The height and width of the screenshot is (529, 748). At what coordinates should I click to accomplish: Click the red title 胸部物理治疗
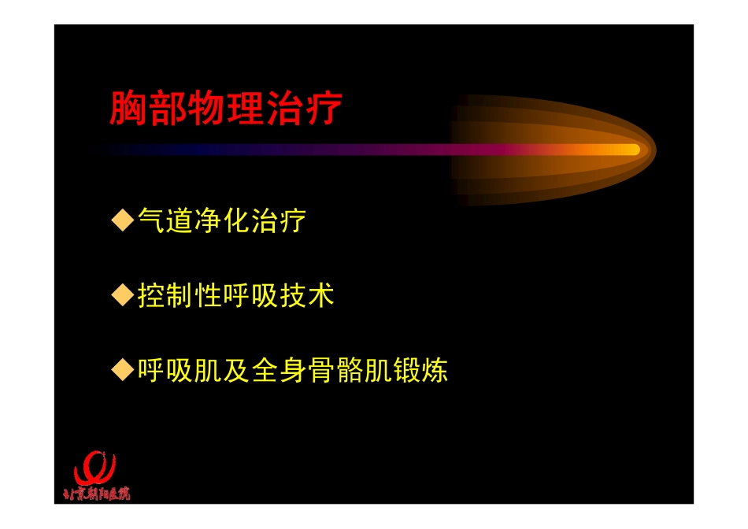[x=226, y=109]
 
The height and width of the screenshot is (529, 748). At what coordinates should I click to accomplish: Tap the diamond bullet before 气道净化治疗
[x=122, y=220]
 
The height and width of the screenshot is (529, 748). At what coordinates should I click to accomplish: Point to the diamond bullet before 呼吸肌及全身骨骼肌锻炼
[x=122, y=369]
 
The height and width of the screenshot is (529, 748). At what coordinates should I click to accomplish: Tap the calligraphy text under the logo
[x=96, y=494]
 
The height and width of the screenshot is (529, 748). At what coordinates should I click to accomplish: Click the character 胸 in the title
[x=128, y=109]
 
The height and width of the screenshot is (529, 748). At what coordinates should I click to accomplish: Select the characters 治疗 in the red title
[x=304, y=109]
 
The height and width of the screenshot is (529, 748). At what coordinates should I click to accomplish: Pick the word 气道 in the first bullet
[x=164, y=220]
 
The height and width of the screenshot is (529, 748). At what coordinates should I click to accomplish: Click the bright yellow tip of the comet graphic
[x=626, y=150]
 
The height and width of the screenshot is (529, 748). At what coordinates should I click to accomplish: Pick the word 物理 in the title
[x=225, y=109]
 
